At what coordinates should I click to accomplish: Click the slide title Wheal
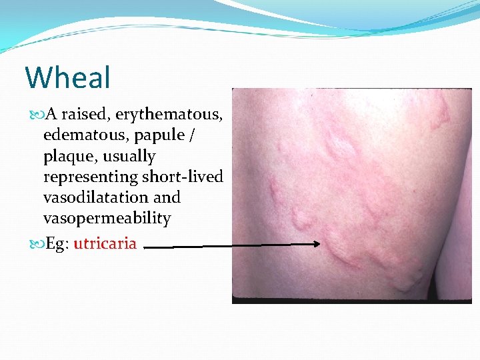click(x=67, y=77)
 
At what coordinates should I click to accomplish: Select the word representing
click(x=91, y=177)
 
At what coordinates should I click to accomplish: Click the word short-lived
click(x=182, y=177)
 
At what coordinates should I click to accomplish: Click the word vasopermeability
click(x=107, y=219)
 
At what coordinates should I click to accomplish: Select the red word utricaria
click(x=105, y=243)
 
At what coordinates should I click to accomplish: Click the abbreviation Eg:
click(x=57, y=243)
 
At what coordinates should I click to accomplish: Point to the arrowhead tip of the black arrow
click(x=320, y=245)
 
